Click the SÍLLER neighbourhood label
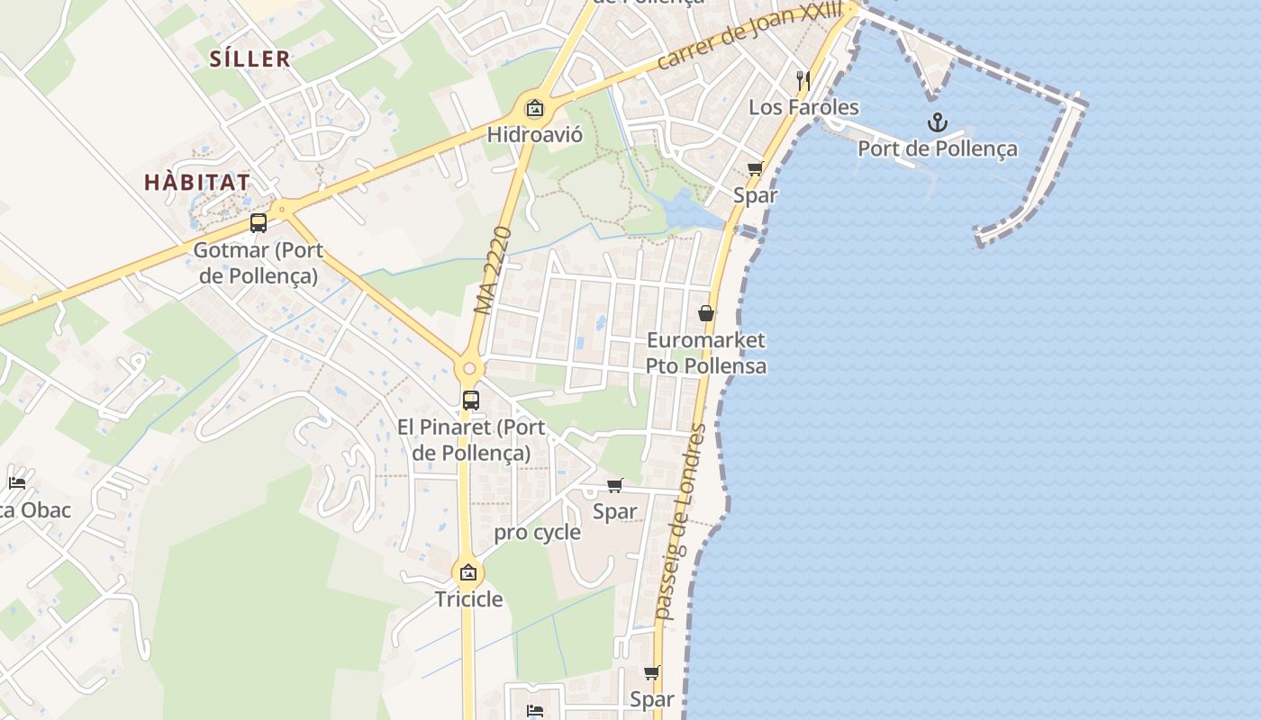(x=249, y=59)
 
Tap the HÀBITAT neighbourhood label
(x=197, y=182)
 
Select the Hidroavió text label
(x=534, y=135)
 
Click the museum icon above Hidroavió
(x=535, y=109)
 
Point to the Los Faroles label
(x=803, y=107)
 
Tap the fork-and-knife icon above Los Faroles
(x=803, y=80)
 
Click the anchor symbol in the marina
(x=938, y=121)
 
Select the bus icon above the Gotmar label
(x=259, y=223)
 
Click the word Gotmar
(x=231, y=250)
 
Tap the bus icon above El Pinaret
(x=470, y=400)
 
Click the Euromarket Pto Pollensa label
(x=705, y=353)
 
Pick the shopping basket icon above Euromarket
(x=706, y=313)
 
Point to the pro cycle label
(x=537, y=532)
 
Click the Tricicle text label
(x=468, y=599)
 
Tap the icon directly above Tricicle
(x=468, y=572)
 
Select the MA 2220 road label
(x=493, y=270)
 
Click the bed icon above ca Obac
(x=17, y=482)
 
